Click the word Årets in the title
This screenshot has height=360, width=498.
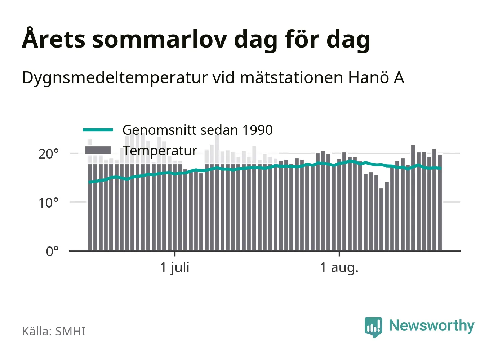(x=53, y=38)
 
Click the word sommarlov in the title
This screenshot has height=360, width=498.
(x=159, y=40)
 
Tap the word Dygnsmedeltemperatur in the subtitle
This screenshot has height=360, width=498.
(x=115, y=78)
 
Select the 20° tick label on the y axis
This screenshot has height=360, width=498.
(x=48, y=154)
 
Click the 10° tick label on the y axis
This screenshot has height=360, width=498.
(x=48, y=203)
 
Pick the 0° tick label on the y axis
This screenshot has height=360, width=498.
(x=52, y=252)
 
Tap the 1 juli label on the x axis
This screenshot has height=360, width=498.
(x=175, y=268)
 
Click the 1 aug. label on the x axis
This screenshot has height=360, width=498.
(x=339, y=268)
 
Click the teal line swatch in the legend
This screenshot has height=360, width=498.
(x=98, y=130)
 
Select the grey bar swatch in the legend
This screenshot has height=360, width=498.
(x=98, y=150)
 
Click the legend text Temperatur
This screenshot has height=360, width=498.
(x=160, y=151)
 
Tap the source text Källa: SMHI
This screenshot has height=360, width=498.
(x=54, y=331)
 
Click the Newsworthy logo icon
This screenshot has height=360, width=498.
(x=373, y=327)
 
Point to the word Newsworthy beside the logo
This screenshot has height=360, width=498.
(x=432, y=326)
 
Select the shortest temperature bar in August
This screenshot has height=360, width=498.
(x=382, y=220)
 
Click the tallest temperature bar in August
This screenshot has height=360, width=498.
(x=413, y=198)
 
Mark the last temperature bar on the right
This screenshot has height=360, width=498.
(x=440, y=203)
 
